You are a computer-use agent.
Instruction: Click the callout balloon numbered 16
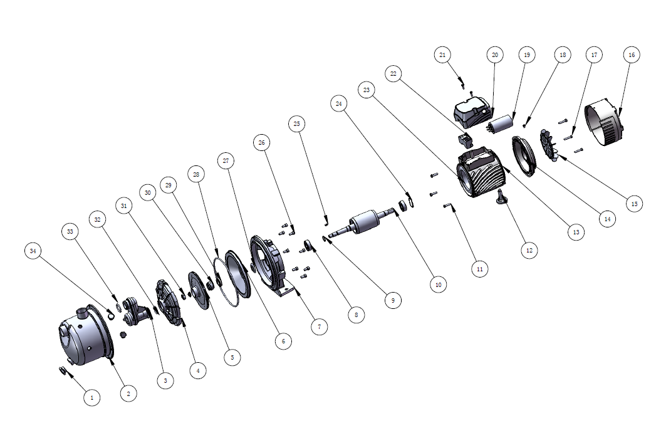pyautogui.click(x=631, y=55)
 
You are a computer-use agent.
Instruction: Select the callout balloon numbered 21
pyautogui.click(x=442, y=55)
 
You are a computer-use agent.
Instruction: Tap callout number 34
pyautogui.click(x=33, y=251)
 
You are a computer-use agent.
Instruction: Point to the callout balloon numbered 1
pyautogui.click(x=92, y=397)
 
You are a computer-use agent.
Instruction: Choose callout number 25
pyautogui.click(x=297, y=124)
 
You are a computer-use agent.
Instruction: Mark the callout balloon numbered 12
pyautogui.click(x=529, y=251)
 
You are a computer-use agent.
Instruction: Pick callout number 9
pyautogui.click(x=393, y=301)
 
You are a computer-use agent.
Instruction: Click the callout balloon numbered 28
pyautogui.click(x=196, y=174)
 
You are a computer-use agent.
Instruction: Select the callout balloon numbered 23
pyautogui.click(x=367, y=90)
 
